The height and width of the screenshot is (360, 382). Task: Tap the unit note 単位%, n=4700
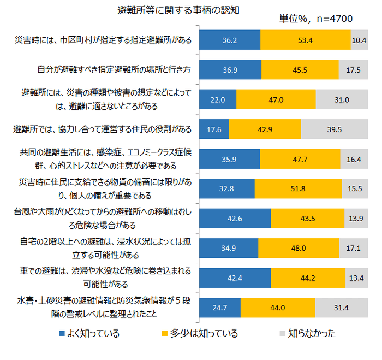(x=315, y=19)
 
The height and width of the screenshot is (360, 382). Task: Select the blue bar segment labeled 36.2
(x=230, y=40)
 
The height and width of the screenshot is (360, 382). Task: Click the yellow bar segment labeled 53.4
(x=306, y=40)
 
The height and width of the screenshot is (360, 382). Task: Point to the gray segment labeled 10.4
(x=359, y=40)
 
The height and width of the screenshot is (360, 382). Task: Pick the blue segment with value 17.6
(x=214, y=129)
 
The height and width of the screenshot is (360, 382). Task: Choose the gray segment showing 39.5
(x=335, y=129)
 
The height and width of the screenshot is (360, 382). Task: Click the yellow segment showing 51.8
(x=298, y=188)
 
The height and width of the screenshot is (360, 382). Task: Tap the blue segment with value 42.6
(x=235, y=218)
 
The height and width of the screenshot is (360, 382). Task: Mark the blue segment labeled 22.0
(x=218, y=99)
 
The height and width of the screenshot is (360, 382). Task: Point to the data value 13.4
(x=356, y=278)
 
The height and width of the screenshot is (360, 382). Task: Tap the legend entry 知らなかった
(x=307, y=333)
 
